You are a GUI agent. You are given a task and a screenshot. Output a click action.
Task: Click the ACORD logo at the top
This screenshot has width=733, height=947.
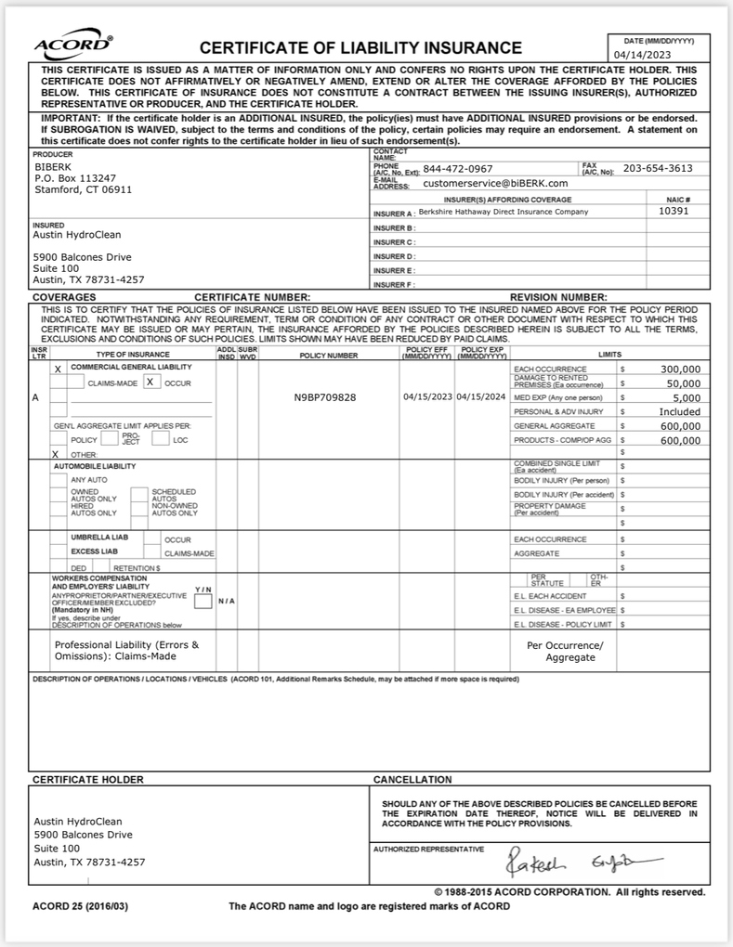coord(73,47)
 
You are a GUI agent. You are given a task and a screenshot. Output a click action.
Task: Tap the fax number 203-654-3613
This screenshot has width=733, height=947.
coord(657,168)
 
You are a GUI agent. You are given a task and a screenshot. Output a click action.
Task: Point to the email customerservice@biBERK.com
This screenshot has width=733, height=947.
coord(495,183)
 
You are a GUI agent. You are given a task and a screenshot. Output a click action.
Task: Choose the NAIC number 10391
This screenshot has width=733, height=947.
coord(673,212)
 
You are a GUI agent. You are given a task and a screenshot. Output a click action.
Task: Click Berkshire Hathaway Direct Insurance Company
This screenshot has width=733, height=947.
coord(503,212)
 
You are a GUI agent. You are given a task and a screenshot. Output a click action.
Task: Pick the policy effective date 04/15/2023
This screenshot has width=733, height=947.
coord(427,396)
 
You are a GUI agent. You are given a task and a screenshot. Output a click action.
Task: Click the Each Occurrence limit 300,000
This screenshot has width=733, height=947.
coord(680,369)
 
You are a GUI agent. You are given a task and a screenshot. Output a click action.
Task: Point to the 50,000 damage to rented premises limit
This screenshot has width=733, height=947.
coord(683,383)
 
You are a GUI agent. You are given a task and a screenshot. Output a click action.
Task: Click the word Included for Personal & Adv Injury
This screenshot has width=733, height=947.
coord(680,411)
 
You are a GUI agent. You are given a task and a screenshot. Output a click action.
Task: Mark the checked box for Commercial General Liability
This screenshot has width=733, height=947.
coord(58,369)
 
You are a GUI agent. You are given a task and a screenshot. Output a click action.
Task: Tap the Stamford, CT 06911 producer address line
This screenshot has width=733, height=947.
coord(83,189)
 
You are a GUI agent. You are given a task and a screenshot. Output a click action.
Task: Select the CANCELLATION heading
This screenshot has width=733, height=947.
coord(412,779)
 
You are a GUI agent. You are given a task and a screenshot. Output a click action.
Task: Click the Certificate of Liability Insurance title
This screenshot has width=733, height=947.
coord(360,48)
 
